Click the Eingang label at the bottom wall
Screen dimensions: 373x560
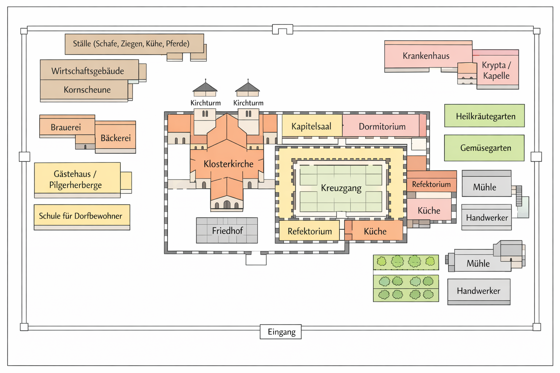[x=281, y=332]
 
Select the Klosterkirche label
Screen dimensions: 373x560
[x=228, y=164]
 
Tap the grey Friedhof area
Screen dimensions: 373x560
[x=227, y=231]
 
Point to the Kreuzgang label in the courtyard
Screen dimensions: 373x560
[x=341, y=188]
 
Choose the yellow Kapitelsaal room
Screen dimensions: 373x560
[x=311, y=126]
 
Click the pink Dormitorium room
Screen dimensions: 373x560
[x=382, y=126]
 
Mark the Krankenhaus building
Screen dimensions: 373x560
[x=426, y=56]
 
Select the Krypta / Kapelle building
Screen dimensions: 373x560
[x=496, y=70]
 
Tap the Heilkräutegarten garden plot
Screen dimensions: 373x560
[x=485, y=116]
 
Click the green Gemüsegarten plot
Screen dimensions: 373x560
[x=485, y=148]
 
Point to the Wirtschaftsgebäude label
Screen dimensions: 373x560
[x=87, y=71]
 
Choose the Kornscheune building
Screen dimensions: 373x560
[x=87, y=90]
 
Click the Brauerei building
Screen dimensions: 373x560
[x=66, y=127]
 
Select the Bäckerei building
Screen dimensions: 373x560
[x=116, y=138]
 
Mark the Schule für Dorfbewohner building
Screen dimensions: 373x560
[x=81, y=216]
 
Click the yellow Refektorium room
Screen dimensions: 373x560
[x=310, y=231]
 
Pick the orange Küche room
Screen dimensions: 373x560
[x=375, y=231]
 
